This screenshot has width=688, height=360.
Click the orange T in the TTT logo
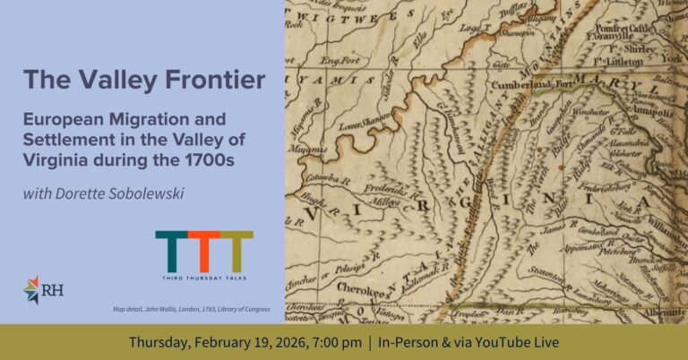coord(204,251)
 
